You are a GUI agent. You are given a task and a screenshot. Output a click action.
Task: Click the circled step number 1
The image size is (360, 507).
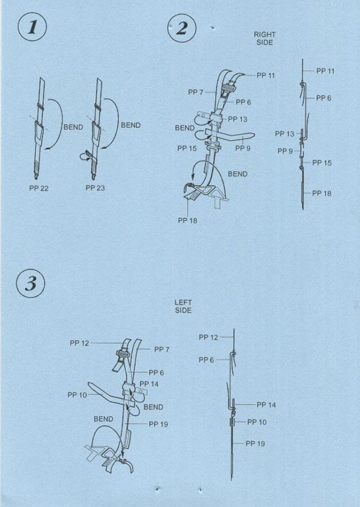pyautogui.click(x=32, y=27)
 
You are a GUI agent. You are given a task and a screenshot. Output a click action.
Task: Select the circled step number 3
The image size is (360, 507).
pyautogui.click(x=30, y=284)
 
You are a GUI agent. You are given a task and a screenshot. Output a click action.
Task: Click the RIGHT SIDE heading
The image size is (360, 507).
pyautogui.click(x=265, y=38)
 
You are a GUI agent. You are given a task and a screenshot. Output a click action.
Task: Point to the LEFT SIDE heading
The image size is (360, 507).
pyautogui.click(x=183, y=306)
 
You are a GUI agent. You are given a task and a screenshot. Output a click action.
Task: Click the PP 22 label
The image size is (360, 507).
pyautogui.click(x=39, y=188)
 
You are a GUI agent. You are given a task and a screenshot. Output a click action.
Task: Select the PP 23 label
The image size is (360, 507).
pyautogui.click(x=95, y=188)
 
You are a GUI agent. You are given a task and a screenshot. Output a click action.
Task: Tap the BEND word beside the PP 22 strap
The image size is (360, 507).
pyautogui.click(x=73, y=127)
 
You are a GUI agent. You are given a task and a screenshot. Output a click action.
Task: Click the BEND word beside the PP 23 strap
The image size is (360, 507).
pyautogui.click(x=131, y=125)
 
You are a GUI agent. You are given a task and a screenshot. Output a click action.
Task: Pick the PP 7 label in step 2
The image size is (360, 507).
pyautogui.click(x=196, y=92)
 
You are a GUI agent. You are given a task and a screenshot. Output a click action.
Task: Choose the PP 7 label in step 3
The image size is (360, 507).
pyautogui.click(x=162, y=349)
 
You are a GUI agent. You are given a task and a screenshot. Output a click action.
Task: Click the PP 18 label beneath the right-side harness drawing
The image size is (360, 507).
pyautogui.click(x=187, y=220)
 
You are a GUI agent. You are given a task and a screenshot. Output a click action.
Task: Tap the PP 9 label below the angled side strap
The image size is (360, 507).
pyautogui.click(x=243, y=148)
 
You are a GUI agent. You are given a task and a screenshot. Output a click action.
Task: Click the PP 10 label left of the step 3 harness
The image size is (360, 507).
pyautogui.click(x=77, y=395)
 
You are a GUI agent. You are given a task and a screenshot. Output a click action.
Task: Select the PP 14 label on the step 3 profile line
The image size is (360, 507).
pyautogui.click(x=266, y=404)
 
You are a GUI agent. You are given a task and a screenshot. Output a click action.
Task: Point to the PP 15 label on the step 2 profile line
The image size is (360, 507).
pyautogui.click(x=322, y=163)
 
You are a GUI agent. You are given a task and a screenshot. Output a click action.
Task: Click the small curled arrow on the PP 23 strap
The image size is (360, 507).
pyautogui.click(x=85, y=156)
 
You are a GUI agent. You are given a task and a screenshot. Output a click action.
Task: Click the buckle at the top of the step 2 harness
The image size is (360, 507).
pyautogui.click(x=230, y=86)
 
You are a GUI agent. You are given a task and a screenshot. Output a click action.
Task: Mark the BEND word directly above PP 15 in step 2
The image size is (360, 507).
pyautogui.click(x=184, y=128)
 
